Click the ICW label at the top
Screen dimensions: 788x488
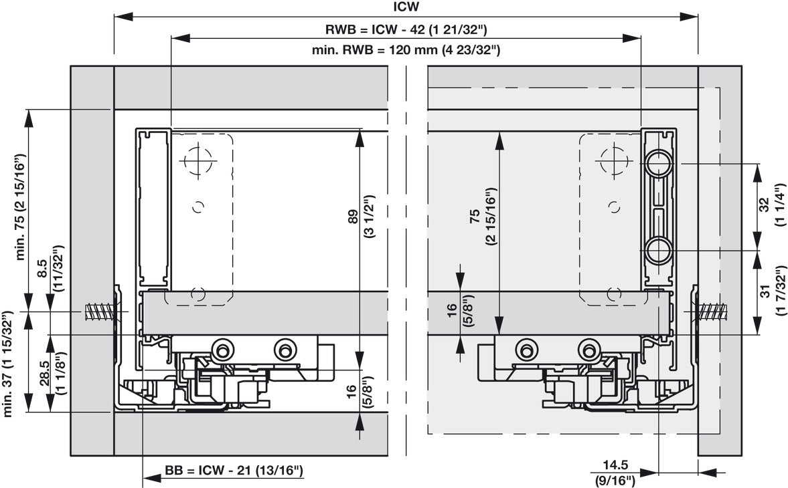[x=406, y=7]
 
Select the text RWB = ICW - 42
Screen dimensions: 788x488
[x=374, y=29]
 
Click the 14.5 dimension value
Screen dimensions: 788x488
[x=615, y=466]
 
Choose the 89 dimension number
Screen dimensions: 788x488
[x=353, y=216]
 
